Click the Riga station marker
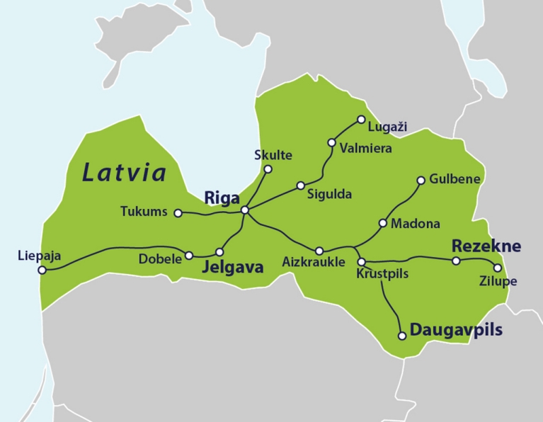244,210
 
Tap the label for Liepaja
38,256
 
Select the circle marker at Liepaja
42,270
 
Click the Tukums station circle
178,212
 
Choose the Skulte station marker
268,169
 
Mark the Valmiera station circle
332,142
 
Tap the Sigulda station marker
301,186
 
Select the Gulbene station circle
421,180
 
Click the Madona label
416,224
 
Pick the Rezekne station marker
456,261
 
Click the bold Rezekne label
486,246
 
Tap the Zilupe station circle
498,268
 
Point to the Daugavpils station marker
402,336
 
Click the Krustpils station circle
361,262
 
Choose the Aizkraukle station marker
319,251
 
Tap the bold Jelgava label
233,268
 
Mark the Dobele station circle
189,255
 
